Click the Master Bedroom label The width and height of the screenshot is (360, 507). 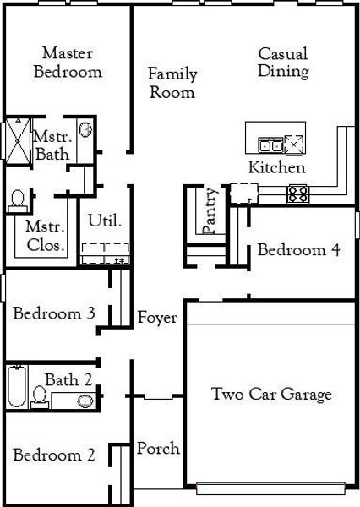coord(68,63)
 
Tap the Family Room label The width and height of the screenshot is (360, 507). coord(172,83)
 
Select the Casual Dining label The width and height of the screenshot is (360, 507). coord(283,63)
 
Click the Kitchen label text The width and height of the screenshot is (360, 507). coord(276,167)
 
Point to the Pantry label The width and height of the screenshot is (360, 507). coord(210,210)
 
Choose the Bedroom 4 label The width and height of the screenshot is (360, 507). coord(299,250)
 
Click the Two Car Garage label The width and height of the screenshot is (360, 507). coord(271,394)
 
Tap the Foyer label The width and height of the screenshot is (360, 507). coord(157,319)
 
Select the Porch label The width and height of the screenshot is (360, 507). coord(158,448)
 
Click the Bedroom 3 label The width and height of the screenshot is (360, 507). coord(53,313)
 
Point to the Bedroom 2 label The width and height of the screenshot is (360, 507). coord(53,455)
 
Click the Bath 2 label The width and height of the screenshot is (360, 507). coord(68,380)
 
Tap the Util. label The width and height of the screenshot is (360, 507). coord(105,221)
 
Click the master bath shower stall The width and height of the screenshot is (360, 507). coord(17,140)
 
